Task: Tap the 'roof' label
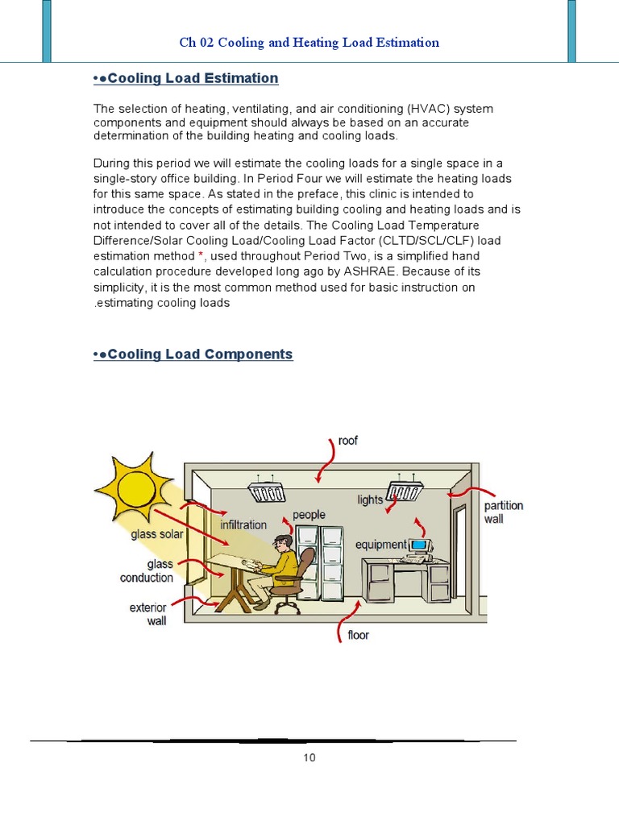(x=348, y=441)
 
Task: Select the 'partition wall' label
(x=504, y=512)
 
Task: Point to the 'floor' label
(x=358, y=635)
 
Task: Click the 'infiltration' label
(x=243, y=524)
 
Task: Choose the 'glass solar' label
(x=157, y=533)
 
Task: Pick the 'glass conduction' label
(x=147, y=571)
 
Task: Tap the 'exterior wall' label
(x=147, y=614)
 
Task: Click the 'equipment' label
(x=381, y=545)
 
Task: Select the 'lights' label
(x=371, y=500)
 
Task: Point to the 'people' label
(x=309, y=514)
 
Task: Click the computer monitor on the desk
(x=419, y=547)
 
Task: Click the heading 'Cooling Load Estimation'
(x=193, y=78)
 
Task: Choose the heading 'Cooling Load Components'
(x=200, y=354)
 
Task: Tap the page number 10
(x=310, y=757)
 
